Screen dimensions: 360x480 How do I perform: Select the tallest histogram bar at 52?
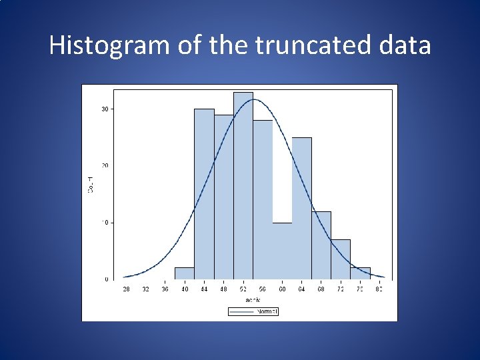[x=243, y=187]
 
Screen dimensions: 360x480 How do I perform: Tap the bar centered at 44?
[x=204, y=193]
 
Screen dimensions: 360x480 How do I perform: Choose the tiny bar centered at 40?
[x=185, y=273]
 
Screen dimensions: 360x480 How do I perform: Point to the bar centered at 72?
[x=341, y=259]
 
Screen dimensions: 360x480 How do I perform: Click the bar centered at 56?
[x=263, y=200]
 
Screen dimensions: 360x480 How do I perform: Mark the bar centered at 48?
[x=223, y=197]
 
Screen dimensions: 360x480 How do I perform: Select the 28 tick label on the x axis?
[x=126, y=290]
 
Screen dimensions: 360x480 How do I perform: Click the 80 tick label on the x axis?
[x=379, y=290]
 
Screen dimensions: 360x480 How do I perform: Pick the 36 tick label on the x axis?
[x=165, y=290]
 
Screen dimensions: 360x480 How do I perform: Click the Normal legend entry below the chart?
[x=253, y=311]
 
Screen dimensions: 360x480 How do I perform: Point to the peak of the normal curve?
[x=253, y=99]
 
